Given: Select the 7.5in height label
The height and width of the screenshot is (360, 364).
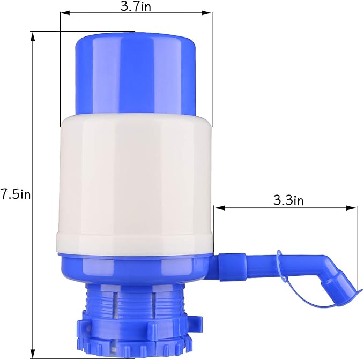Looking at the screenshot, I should point(16,194).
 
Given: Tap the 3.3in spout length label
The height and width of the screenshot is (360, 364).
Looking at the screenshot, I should point(288,200).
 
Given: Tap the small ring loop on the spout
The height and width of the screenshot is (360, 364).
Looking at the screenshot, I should point(279,260).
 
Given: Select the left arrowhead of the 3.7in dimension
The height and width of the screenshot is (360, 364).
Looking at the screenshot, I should point(63,15).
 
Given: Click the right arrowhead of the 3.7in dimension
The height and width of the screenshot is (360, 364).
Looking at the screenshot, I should point(210,15).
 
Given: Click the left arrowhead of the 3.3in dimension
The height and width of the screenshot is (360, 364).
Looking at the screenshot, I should point(217,207).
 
